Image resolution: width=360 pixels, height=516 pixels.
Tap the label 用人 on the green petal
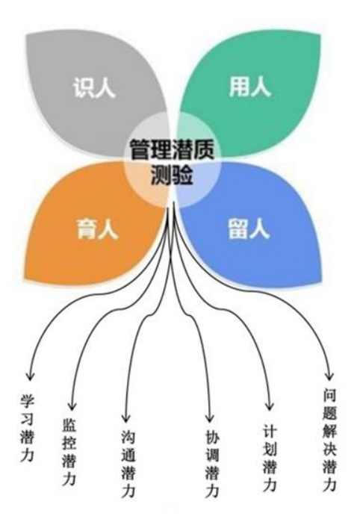[249, 87]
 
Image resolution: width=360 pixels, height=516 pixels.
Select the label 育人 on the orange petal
[97, 229]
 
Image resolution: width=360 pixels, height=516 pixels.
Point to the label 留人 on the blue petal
[249, 229]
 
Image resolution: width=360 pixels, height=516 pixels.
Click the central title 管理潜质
[172, 150]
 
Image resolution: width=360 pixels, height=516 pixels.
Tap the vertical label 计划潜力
[270, 458]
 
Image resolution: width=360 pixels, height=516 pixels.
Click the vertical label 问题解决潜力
[329, 441]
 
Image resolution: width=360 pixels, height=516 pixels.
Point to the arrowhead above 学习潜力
[30, 376]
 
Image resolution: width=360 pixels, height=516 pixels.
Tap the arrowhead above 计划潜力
[270, 405]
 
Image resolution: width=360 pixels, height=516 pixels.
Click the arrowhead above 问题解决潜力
[329, 376]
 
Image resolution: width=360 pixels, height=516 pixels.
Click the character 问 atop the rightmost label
[329, 396]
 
